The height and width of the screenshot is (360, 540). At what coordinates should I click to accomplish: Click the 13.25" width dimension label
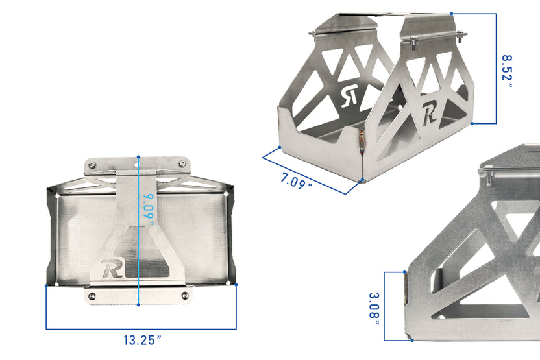[142, 340]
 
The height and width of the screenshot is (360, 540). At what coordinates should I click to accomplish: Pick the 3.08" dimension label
[374, 306]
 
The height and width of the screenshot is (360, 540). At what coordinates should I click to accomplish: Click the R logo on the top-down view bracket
[112, 268]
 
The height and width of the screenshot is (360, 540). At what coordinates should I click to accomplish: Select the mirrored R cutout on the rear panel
[350, 95]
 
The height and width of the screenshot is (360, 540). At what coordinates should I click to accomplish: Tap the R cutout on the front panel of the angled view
[429, 114]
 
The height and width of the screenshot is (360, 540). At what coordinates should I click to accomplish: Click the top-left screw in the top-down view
[92, 165]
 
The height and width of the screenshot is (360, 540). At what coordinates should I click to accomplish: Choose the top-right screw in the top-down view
[184, 165]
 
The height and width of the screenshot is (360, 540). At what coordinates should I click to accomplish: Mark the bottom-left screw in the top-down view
[92, 296]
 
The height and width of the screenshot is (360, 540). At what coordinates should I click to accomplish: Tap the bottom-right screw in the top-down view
[184, 296]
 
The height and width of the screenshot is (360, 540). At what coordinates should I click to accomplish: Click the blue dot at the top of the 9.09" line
[138, 157]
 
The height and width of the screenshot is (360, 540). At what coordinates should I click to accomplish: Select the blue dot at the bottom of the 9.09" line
[138, 304]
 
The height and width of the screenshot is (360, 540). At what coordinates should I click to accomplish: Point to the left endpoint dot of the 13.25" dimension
[46, 285]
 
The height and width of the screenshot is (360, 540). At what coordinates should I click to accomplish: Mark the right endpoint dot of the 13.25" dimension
[236, 285]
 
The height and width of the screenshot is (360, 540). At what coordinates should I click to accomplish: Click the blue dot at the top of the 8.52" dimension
[451, 13]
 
